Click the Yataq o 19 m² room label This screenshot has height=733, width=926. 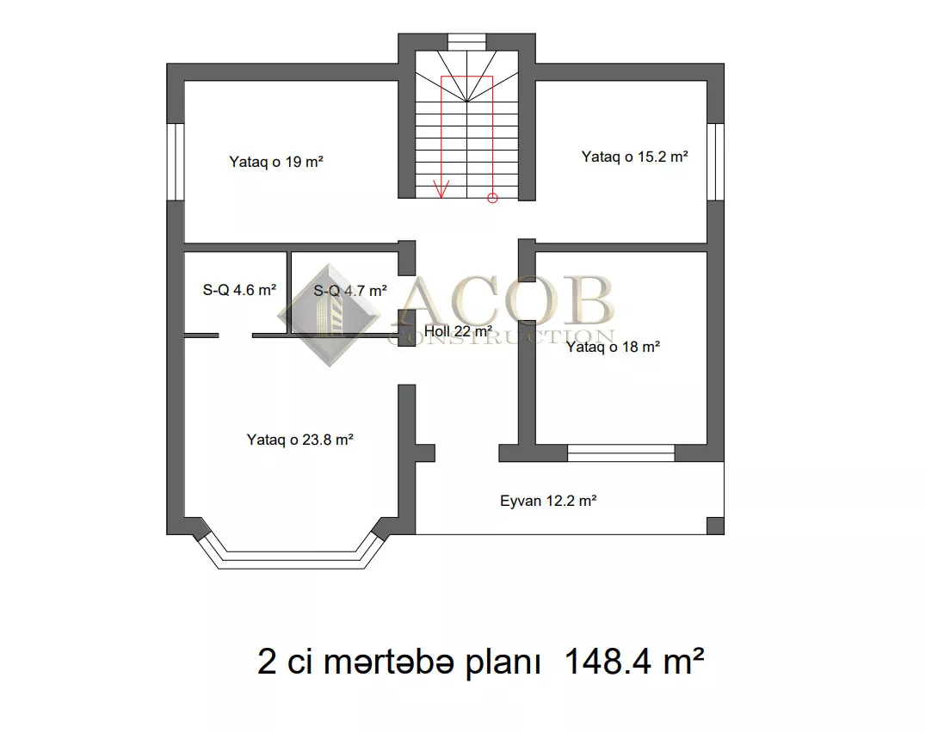pos(275,162)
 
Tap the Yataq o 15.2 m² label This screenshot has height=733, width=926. pos(635,157)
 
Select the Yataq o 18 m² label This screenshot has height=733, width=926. pos(613,347)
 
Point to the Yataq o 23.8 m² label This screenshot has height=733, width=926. pos(300,440)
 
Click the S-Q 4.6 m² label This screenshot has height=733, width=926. pos(239,290)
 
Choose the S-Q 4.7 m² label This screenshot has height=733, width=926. pos(350,291)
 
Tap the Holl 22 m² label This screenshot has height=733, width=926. pos(459,332)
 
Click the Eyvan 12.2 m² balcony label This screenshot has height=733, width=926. pos(548,501)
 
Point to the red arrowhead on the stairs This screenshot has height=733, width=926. pos(441,189)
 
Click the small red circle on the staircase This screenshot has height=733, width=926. pos(492,198)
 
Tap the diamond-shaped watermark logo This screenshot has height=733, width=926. pos(330,315)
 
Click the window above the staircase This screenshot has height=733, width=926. pos(466,42)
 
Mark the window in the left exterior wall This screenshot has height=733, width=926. pos(176,162)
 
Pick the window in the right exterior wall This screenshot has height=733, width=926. pos(716,162)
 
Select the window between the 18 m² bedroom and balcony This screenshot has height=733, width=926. pos(620,453)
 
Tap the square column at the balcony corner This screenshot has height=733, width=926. pos(716,526)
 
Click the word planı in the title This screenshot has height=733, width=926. pos(503,663)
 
